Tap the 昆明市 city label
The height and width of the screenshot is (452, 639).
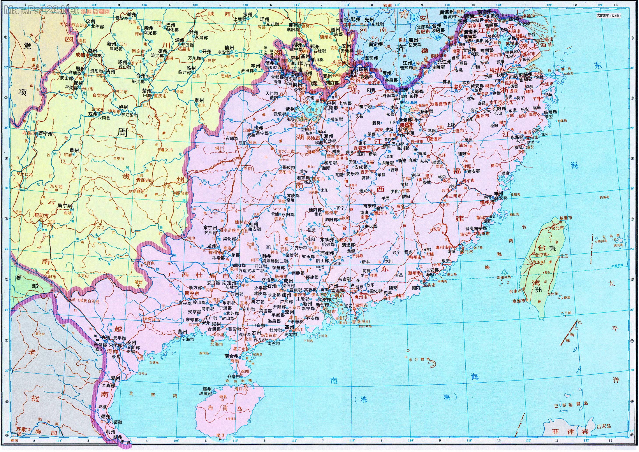[x=41, y=216]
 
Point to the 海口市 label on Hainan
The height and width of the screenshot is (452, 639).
[x=241, y=389]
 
